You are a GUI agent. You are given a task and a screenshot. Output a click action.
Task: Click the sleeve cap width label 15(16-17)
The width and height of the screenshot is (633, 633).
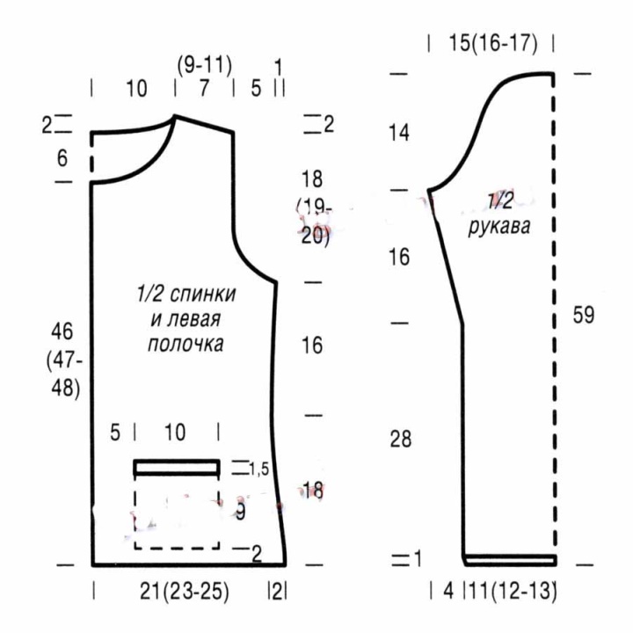(x=493, y=43)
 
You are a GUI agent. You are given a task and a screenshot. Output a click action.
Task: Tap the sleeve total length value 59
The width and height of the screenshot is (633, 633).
(x=584, y=315)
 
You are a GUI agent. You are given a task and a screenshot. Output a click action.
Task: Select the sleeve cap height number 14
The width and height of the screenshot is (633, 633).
(x=399, y=133)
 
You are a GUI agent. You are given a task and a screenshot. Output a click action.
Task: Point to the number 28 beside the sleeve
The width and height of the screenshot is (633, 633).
(x=401, y=439)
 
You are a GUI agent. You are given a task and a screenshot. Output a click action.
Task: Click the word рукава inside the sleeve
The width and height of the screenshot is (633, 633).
(x=499, y=227)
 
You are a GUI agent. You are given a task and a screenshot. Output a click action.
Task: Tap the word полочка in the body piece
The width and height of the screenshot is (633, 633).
(x=186, y=344)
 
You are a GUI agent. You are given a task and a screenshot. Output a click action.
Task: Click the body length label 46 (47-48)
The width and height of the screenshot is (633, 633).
(x=63, y=360)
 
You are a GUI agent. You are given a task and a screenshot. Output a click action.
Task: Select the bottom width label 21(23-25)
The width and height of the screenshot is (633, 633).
(x=185, y=592)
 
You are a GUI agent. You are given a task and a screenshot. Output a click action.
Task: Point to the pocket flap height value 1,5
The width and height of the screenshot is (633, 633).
(x=258, y=469)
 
